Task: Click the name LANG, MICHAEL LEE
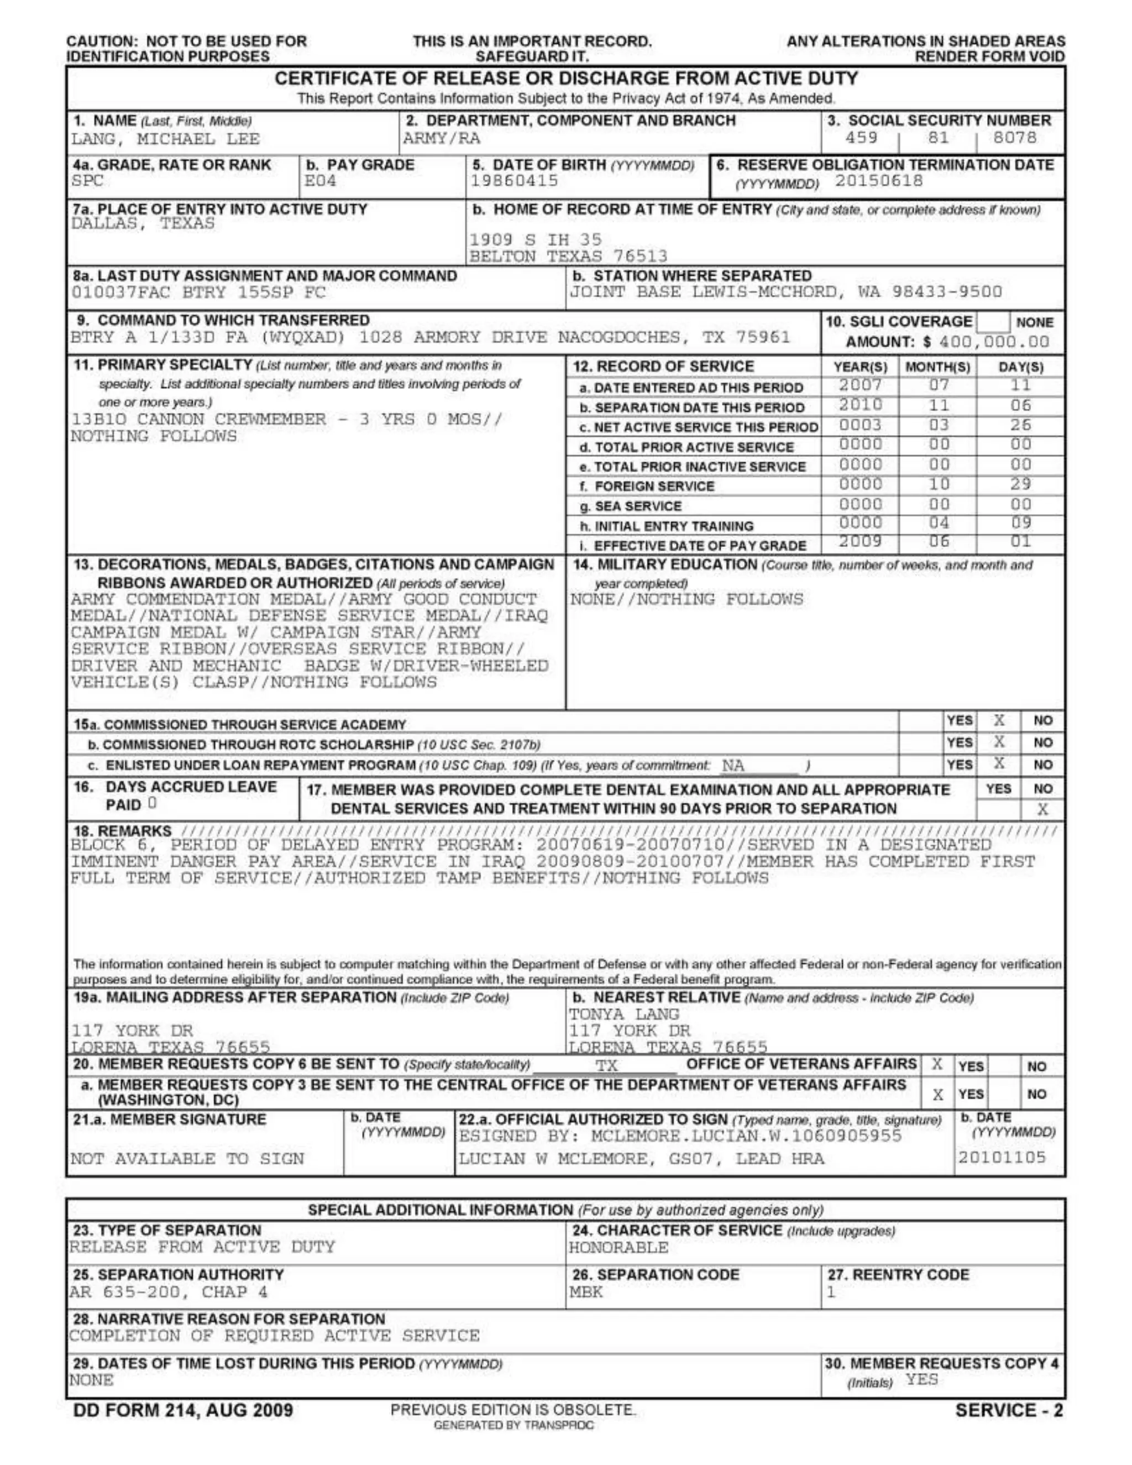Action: click(165, 139)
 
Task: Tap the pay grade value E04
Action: click(320, 181)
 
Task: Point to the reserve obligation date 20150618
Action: click(878, 181)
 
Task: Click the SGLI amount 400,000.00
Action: click(994, 342)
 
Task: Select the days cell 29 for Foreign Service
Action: click(1021, 484)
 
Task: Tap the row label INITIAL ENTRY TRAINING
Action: click(667, 526)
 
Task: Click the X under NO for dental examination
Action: click(1042, 810)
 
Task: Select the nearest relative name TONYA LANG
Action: click(623, 1015)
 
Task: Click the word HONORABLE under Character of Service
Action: click(619, 1248)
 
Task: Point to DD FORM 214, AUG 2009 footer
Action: click(183, 1410)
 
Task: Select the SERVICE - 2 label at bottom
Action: click(1009, 1410)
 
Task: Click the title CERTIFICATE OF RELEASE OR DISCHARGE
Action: click(566, 79)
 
